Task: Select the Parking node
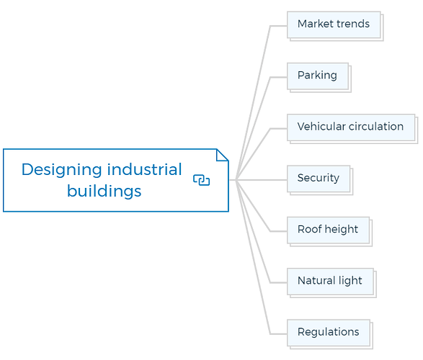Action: pos(318,76)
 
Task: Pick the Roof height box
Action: pos(329,230)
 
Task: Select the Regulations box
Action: pos(329,333)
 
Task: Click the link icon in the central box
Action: pos(202,180)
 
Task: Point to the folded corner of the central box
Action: pos(222,155)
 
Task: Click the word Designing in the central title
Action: pos(62,170)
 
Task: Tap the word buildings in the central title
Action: pos(104,191)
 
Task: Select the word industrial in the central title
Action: pos(145,169)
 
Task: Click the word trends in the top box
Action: pos(353,24)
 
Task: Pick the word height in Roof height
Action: pos(342,229)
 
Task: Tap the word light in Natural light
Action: pos(350,281)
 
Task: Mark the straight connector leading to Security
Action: pos(262,180)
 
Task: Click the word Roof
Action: pos(310,229)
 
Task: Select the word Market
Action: pos(316,24)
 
